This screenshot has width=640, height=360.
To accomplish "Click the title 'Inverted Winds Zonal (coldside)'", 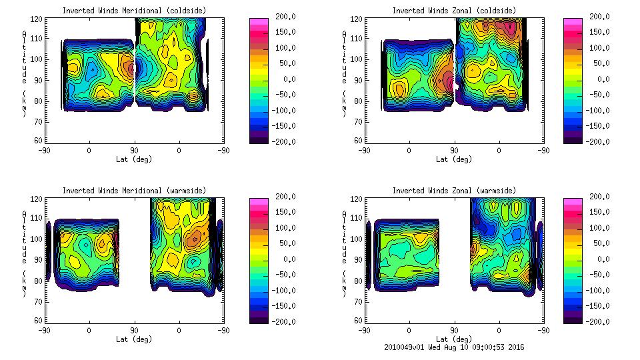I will (x=453, y=11).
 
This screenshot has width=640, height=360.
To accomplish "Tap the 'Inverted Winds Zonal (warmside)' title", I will (x=453, y=191).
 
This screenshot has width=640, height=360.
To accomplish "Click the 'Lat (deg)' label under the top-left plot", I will (x=133, y=159).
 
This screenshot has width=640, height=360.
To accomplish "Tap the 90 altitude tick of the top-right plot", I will (x=359, y=79).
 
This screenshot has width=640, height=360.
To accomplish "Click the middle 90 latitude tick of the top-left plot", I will (x=133, y=151).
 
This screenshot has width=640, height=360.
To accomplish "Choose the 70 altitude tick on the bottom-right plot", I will (x=359, y=301).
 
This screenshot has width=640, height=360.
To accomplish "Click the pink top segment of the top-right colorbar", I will (x=573, y=21).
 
